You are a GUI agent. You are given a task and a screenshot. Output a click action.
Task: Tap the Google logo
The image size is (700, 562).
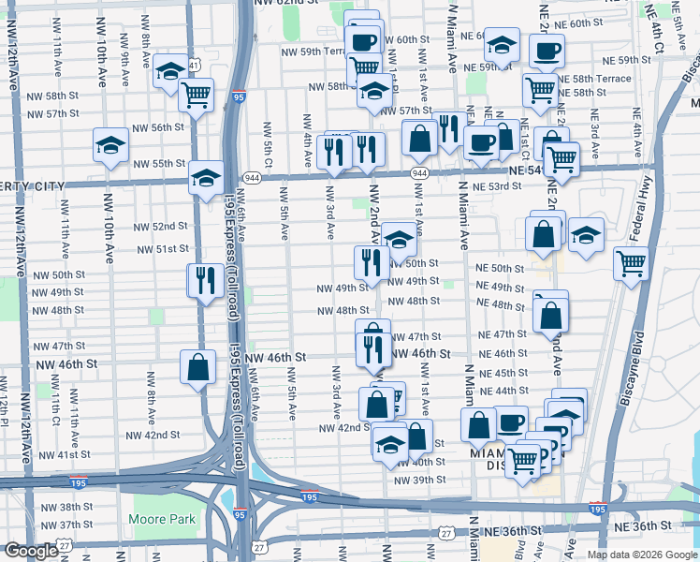31,551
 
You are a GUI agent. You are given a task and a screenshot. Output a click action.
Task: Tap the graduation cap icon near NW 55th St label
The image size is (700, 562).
110,145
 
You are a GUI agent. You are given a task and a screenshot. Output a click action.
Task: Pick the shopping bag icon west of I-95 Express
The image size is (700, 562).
198,368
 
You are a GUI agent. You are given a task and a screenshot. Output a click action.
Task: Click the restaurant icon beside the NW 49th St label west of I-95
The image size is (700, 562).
202,280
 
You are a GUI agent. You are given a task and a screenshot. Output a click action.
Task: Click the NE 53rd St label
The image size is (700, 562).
496,187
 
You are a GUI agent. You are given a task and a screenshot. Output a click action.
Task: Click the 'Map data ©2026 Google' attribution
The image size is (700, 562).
642,555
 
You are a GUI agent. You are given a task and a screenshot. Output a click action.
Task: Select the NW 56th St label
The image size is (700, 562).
158,127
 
